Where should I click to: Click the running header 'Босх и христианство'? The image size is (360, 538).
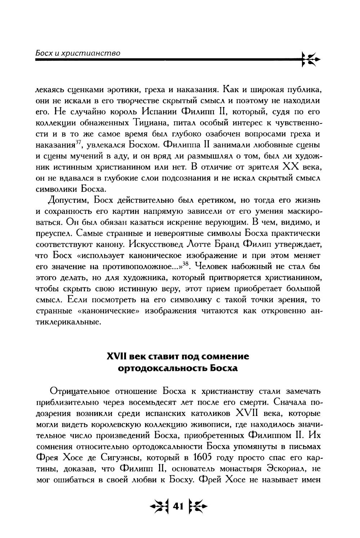77,53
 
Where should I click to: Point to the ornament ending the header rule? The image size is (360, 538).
310,60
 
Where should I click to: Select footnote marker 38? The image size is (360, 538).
185,263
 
